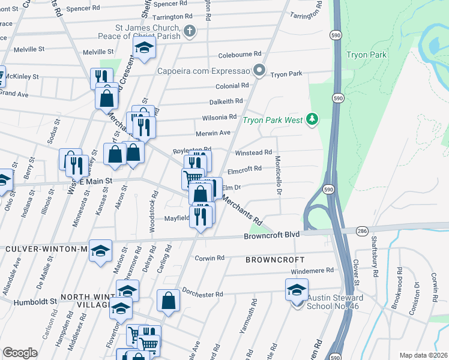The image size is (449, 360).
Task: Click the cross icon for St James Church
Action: (x=190, y=31)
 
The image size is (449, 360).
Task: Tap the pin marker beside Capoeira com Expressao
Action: (x=259, y=71)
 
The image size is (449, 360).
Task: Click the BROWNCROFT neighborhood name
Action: (x=274, y=260)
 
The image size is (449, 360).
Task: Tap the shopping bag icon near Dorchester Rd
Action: (x=169, y=301)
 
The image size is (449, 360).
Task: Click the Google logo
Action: (x=20, y=353)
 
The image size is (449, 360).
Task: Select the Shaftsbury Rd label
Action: (x=375, y=265)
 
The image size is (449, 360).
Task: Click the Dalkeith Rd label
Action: (x=226, y=101)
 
